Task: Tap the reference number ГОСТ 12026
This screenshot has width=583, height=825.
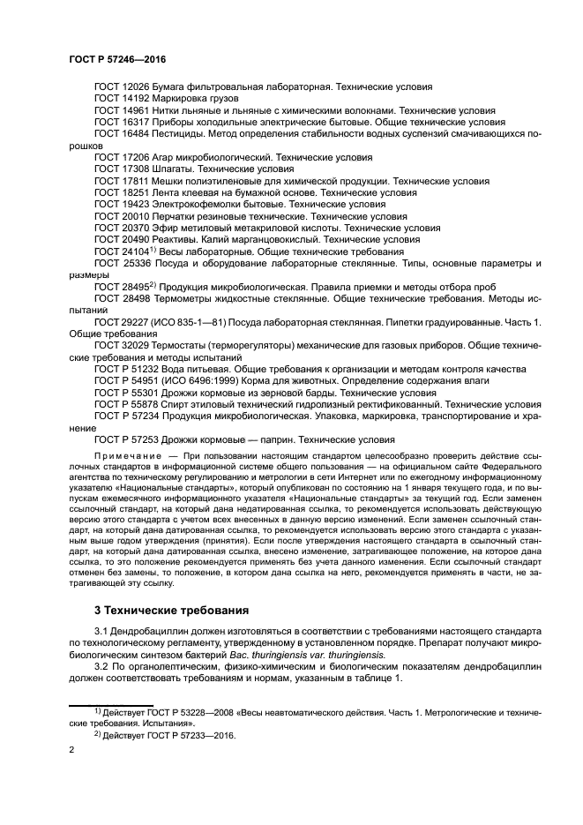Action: tap(123, 87)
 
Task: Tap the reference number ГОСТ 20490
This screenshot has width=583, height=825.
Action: tap(123, 238)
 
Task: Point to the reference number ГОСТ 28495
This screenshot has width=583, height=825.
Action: tap(123, 288)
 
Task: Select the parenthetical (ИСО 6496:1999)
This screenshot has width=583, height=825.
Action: tap(206, 380)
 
